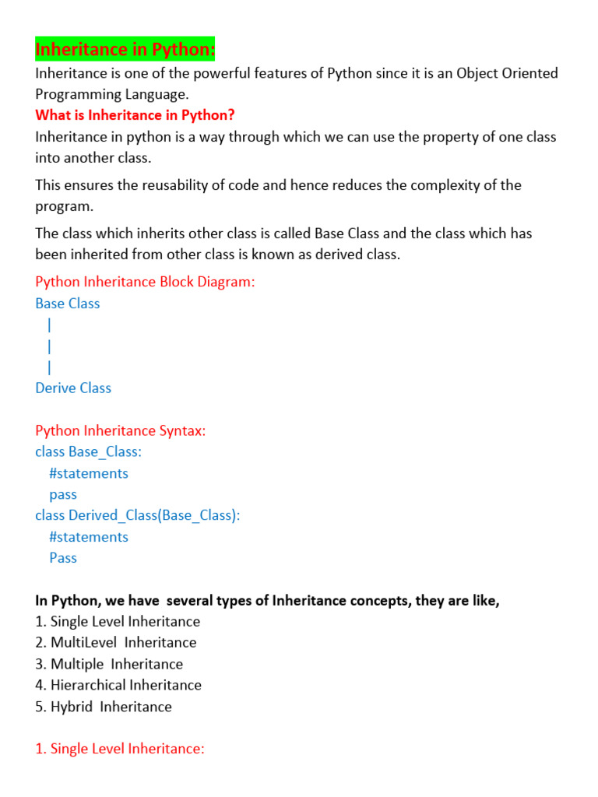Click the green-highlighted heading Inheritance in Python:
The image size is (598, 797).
(x=125, y=51)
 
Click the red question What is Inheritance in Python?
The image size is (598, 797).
(x=135, y=115)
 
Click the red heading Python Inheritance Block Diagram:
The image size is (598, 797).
(x=145, y=282)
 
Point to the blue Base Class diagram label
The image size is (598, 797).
(x=68, y=304)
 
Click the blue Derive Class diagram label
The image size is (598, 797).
(x=73, y=388)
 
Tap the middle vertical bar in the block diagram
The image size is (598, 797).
(x=49, y=346)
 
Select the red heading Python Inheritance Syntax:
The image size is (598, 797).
(x=121, y=430)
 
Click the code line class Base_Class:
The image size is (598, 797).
(x=89, y=451)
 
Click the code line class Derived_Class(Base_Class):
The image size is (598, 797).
(x=137, y=515)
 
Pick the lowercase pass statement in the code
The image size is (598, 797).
(x=63, y=494)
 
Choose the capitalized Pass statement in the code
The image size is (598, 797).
(x=63, y=557)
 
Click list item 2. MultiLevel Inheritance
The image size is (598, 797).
(x=116, y=642)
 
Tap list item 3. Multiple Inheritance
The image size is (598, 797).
(x=109, y=664)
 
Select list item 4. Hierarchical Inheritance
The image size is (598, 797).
(x=118, y=685)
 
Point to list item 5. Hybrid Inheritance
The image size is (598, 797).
(x=104, y=707)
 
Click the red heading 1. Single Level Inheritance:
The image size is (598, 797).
(x=120, y=749)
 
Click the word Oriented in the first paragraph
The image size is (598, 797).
(x=530, y=73)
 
